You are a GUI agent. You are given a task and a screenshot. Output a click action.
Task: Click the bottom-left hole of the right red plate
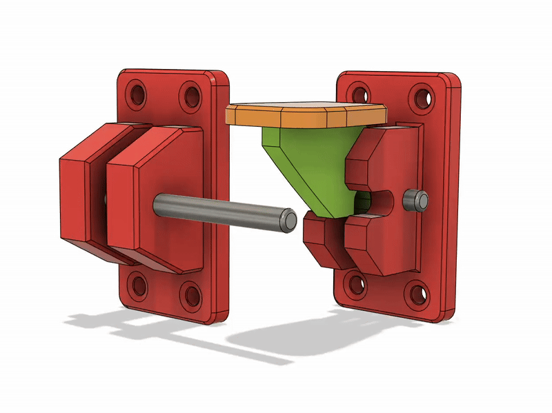click(357, 283)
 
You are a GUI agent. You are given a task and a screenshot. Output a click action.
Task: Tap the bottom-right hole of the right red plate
click(418, 295)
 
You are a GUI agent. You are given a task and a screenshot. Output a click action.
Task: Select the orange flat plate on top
click(306, 114)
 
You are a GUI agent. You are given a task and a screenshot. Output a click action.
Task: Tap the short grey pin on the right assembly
click(414, 200)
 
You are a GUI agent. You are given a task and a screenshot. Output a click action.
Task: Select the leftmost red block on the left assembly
click(79, 200)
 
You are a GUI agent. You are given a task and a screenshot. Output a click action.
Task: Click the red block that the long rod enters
click(159, 200)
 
